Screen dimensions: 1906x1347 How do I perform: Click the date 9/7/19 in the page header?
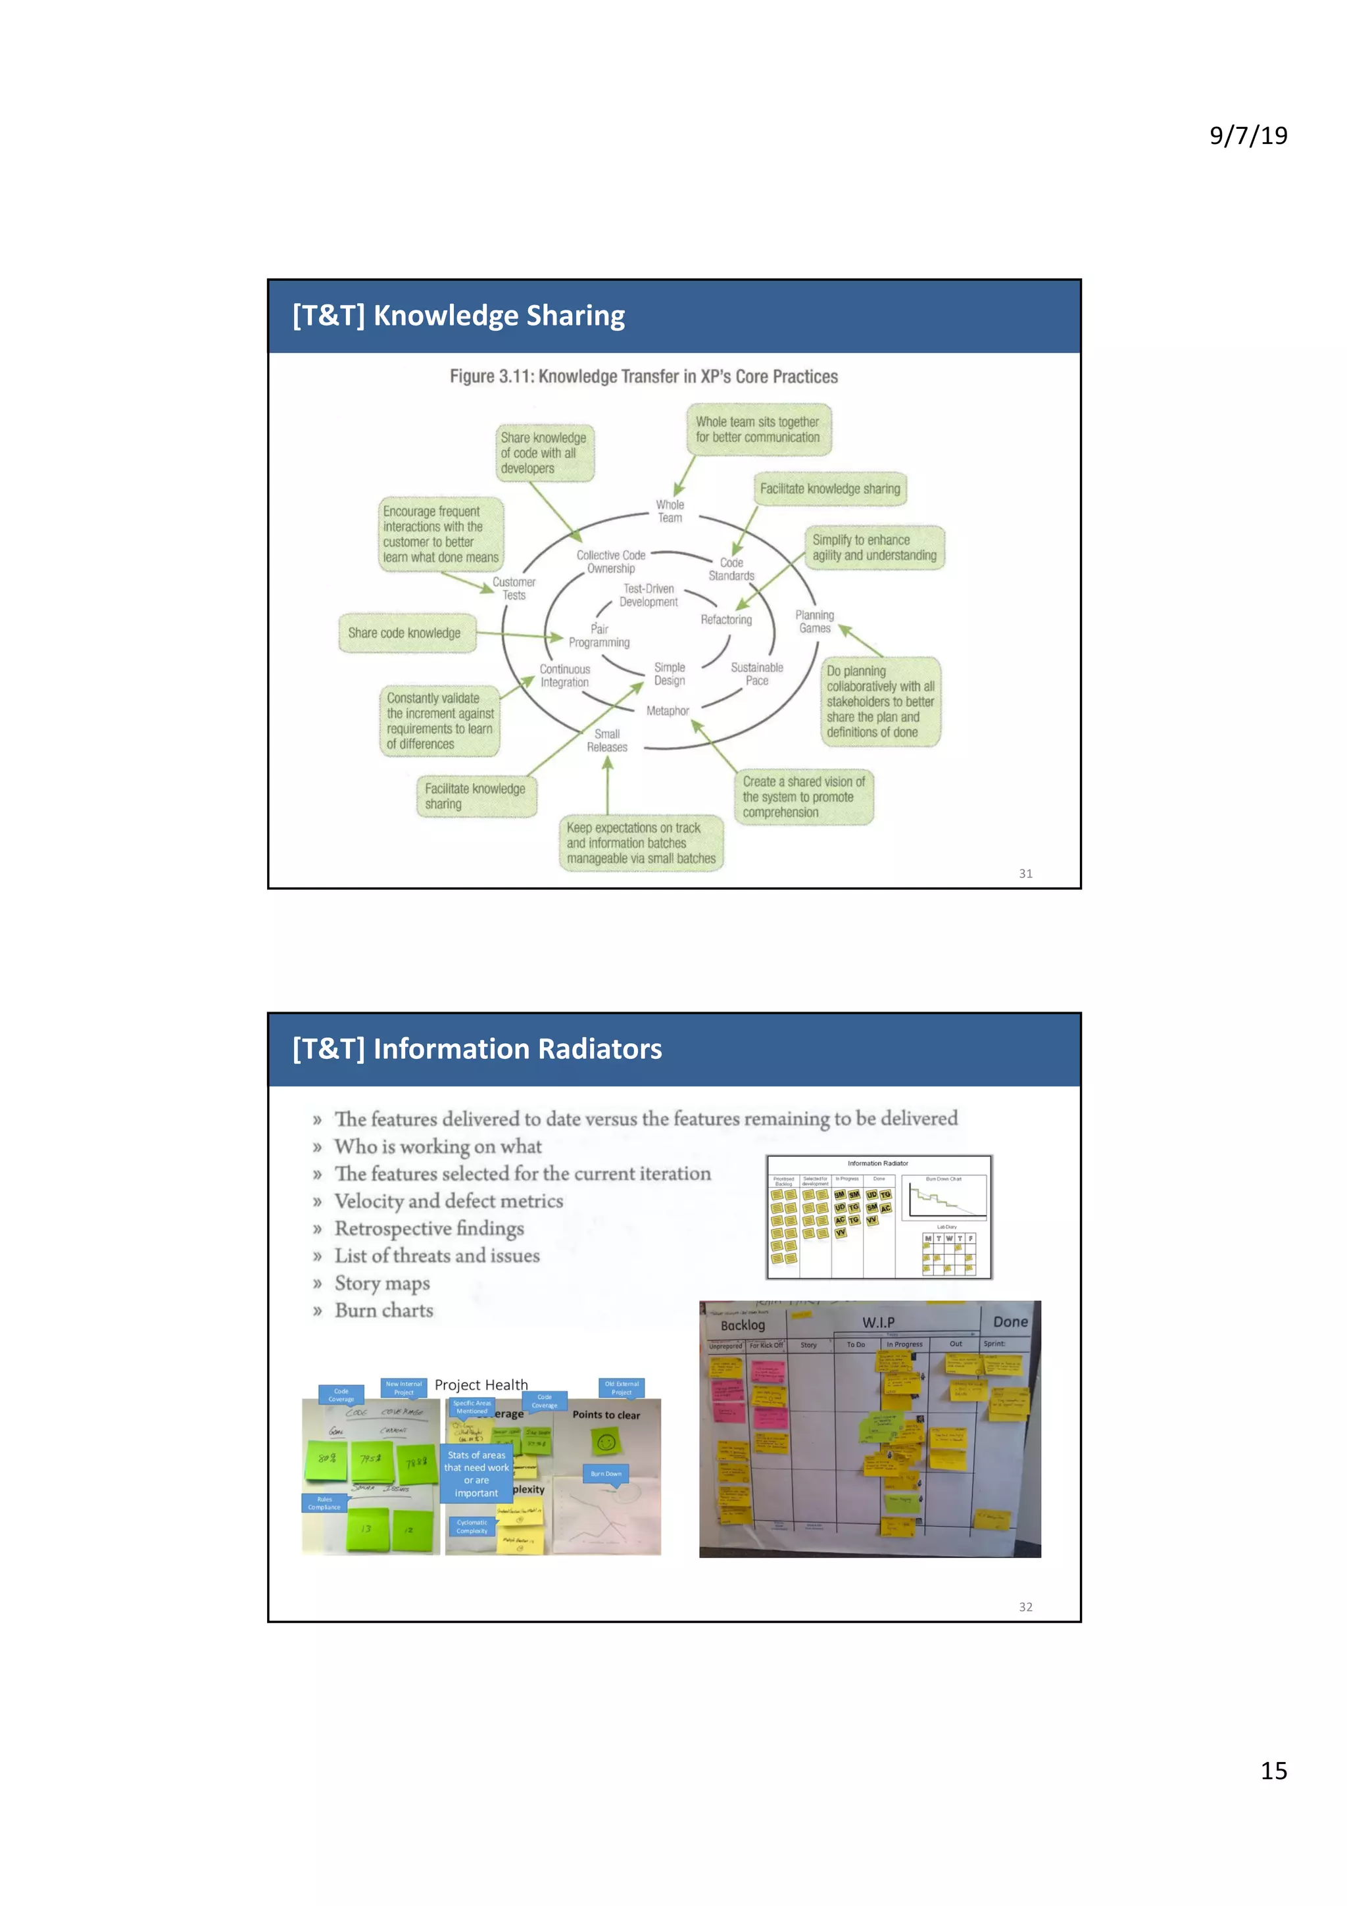[x=1248, y=135]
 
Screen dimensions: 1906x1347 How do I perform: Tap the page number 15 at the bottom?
[x=1273, y=1770]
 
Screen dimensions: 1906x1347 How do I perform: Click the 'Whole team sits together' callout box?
[x=758, y=430]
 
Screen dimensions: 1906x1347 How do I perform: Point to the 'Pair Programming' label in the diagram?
[x=599, y=636]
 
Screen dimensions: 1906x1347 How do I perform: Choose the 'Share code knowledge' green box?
[x=405, y=633]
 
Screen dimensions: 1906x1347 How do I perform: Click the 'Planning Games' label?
[x=814, y=622]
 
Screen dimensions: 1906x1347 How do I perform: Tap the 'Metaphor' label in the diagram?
[x=668, y=712]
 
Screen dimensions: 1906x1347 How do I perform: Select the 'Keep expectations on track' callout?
[x=641, y=843]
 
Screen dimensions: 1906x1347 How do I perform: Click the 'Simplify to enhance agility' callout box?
[x=874, y=548]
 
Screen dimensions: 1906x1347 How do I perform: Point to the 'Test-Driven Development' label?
[x=649, y=595]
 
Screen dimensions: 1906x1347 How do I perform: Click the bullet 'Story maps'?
[x=381, y=1283]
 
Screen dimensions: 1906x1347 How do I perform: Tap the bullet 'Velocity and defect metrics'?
[x=448, y=1201]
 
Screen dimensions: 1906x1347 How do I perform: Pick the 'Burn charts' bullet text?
[x=383, y=1311]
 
